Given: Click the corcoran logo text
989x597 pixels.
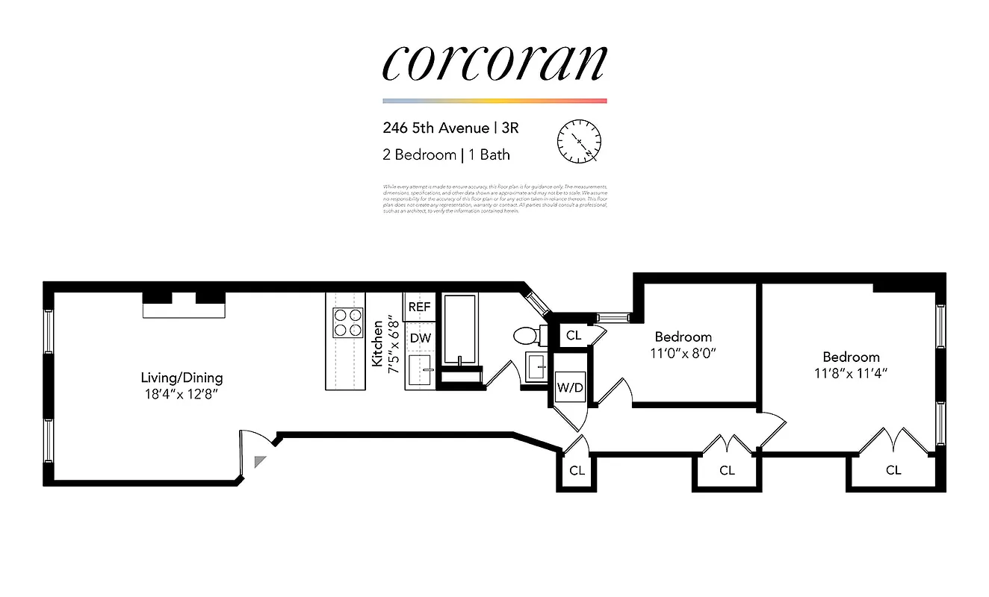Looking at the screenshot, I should [x=494, y=63].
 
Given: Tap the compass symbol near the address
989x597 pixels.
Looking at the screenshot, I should [x=579, y=140].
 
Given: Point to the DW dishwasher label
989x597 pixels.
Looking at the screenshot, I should [x=420, y=338].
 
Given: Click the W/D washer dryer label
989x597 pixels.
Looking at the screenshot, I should [x=569, y=387].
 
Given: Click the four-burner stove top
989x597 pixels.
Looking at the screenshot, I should [x=346, y=322].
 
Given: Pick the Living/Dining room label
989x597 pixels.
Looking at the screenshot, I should [x=182, y=378].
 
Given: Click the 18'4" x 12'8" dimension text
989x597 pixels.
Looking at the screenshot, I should [x=182, y=393].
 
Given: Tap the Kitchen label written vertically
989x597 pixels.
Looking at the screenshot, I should [x=378, y=343].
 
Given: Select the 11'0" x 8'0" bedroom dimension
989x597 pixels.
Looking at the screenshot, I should [x=683, y=354].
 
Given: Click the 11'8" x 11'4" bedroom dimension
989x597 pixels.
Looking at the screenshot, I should [x=851, y=373].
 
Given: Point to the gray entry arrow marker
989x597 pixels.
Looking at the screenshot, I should [x=259, y=462].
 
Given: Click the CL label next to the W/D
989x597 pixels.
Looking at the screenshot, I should [x=573, y=335].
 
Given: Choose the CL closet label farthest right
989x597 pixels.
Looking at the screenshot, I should [x=893, y=470].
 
